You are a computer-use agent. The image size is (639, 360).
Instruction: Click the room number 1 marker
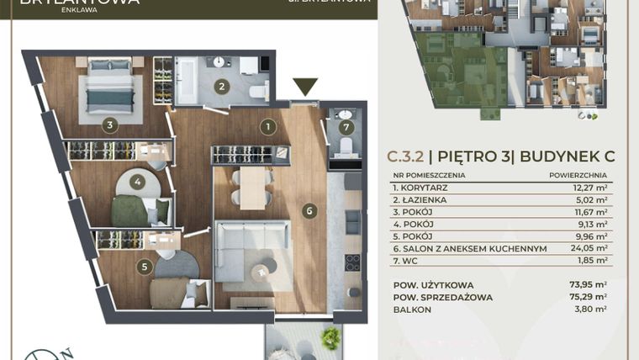pos(267,127)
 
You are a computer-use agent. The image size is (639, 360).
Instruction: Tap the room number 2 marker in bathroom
pos(221,86)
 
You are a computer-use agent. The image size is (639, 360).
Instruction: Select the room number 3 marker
pos(109,126)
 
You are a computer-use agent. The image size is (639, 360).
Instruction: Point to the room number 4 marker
pos(138,182)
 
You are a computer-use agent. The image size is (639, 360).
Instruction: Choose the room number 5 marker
pos(145,267)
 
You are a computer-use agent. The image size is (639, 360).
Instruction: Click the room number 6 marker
pos(310,211)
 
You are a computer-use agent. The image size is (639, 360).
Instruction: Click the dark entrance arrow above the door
pos(305,86)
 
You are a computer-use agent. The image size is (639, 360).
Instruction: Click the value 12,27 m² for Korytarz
pos(589,188)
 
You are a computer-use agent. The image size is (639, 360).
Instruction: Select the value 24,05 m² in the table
pos(589,248)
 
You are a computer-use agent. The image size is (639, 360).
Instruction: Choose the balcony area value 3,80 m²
pos(592,310)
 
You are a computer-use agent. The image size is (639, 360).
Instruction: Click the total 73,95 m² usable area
pos(589,285)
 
